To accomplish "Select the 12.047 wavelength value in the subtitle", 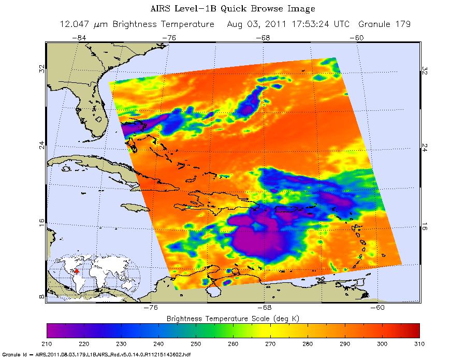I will [74, 24].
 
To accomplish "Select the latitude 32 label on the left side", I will [41, 69].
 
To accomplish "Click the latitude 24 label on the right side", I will [425, 146].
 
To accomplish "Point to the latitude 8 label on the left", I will [41, 297].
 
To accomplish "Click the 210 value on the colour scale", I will [47, 343].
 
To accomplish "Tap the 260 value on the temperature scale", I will [233, 343].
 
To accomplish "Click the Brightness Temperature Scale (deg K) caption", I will [233, 317].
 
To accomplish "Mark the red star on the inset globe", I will [77, 271].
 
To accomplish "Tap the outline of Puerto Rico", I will [288, 210].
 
